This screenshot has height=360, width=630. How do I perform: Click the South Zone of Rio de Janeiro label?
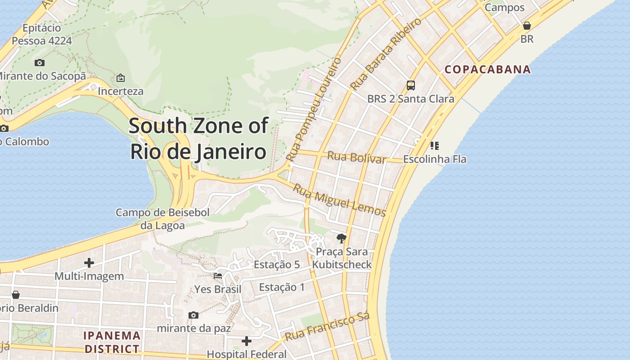tap(198, 139)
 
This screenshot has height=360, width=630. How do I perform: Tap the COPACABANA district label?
tap(488, 70)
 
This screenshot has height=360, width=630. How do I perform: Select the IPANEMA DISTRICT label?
tap(112, 342)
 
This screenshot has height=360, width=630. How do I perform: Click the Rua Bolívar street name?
tap(356, 157)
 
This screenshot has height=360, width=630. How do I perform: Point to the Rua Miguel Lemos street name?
tap(339, 199)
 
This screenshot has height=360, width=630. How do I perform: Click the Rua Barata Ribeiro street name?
tap(386, 54)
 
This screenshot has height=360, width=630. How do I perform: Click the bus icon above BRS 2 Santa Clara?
tap(410, 85)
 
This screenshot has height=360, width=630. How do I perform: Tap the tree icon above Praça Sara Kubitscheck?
tap(342, 238)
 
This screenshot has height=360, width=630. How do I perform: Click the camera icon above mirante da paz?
tap(193, 315)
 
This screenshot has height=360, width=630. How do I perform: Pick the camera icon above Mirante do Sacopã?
tap(40, 63)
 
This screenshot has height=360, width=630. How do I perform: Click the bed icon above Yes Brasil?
tap(218, 275)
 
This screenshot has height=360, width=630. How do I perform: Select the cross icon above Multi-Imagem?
tap(89, 262)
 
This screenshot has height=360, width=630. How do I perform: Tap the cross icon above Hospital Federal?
tap(246, 341)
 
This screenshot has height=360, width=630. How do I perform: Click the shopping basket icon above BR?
tap(526, 26)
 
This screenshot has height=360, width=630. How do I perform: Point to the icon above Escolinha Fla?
tap(434, 145)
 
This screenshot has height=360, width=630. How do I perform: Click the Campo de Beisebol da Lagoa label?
tap(162, 219)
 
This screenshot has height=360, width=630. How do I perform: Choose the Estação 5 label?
tap(277, 265)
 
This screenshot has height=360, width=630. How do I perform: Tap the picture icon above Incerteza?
tap(121, 78)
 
